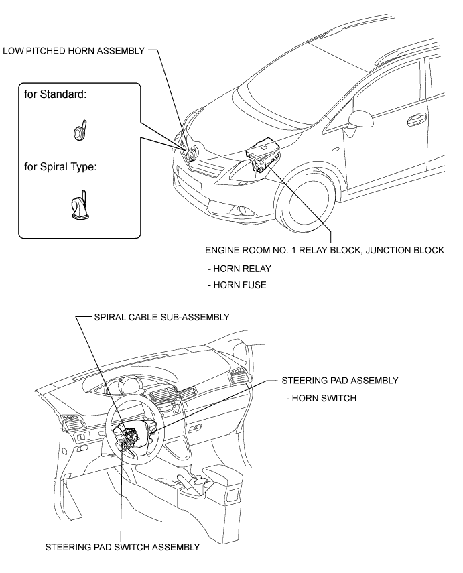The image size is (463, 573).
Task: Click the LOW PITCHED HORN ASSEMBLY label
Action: [74, 51]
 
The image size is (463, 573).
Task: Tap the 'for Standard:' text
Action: [56, 94]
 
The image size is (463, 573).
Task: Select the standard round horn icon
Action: [80, 130]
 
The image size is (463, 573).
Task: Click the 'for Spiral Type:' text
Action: [61, 167]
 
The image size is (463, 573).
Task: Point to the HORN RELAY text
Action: [239, 269]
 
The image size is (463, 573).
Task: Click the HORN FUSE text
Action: [237, 285]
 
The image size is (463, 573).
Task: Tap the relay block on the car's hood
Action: [263, 154]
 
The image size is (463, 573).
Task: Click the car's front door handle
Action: [417, 119]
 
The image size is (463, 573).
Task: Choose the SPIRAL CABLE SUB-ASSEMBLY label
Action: [162, 317]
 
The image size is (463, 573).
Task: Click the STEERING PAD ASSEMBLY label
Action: [340, 381]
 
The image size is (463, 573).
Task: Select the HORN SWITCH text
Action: [321, 398]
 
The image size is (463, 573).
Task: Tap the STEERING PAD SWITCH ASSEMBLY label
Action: [123, 547]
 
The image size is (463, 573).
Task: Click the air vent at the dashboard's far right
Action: [237, 377]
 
